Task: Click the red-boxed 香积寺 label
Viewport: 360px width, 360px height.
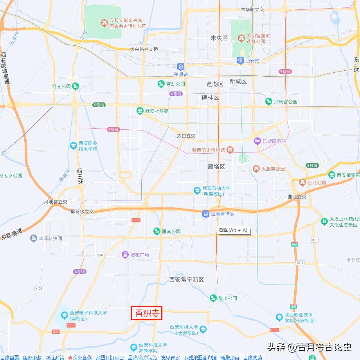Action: point(146,313)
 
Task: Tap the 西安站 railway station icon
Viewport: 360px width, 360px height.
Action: point(240,60)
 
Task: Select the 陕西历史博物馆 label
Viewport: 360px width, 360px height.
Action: point(209,150)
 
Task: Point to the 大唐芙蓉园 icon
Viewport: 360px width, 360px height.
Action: point(256,169)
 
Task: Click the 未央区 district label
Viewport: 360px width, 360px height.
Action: point(219,38)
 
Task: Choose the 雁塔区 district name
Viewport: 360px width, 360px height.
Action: point(216,167)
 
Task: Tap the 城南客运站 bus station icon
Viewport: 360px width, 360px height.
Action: point(206,214)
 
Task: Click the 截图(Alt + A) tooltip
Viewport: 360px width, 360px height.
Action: point(233,230)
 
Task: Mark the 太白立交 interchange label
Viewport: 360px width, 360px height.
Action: point(186,136)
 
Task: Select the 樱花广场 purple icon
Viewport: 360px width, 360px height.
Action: point(125,255)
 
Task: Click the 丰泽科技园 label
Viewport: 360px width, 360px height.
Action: point(50,238)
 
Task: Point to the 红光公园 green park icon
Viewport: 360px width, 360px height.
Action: point(76,86)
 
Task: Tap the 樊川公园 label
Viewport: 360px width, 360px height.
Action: point(228,298)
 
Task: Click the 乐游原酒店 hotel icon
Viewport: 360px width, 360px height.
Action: point(257,141)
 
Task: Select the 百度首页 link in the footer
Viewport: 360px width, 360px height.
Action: point(9,357)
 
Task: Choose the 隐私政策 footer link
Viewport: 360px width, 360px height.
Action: point(55,357)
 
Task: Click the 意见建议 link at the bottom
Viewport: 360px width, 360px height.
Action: point(171,357)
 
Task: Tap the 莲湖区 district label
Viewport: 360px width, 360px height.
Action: point(215,84)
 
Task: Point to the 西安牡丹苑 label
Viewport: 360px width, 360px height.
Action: point(157,111)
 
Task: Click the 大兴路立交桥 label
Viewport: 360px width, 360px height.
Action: point(144,49)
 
